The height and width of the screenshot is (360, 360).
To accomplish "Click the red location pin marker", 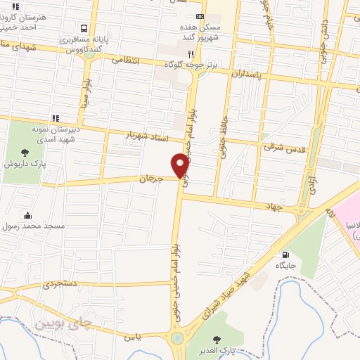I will (x=180, y=164).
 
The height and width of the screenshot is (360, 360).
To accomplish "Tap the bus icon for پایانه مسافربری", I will (x=84, y=29).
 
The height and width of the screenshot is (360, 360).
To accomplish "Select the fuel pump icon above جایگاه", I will (x=285, y=255).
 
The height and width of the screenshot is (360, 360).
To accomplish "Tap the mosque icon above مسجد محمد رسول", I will (x=27, y=215).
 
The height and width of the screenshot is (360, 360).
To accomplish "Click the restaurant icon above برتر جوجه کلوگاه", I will (x=191, y=53).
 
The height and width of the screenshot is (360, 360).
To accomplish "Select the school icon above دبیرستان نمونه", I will (x=55, y=118).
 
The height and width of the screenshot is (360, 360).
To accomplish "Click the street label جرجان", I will (x=150, y=179).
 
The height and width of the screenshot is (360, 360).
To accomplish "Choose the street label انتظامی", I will (x=126, y=61).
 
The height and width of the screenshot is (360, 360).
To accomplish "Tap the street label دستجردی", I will (x=62, y=285).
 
